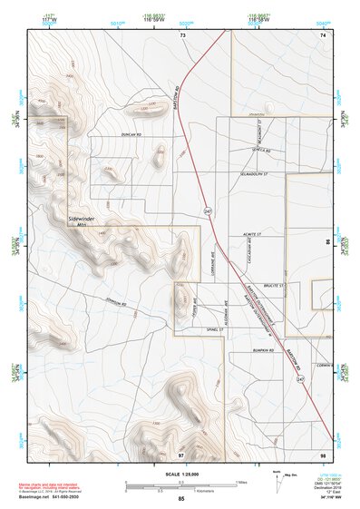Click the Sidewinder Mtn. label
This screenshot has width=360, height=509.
(x=85, y=221)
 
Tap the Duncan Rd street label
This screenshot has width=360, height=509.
(x=132, y=135)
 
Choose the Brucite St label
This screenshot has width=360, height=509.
(x=274, y=285)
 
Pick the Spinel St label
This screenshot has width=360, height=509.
(x=212, y=329)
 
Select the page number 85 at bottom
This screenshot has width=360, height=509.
(x=181, y=499)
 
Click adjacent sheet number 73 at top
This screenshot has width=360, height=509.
(x=181, y=34)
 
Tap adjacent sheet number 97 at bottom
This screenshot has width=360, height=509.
(x=180, y=454)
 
